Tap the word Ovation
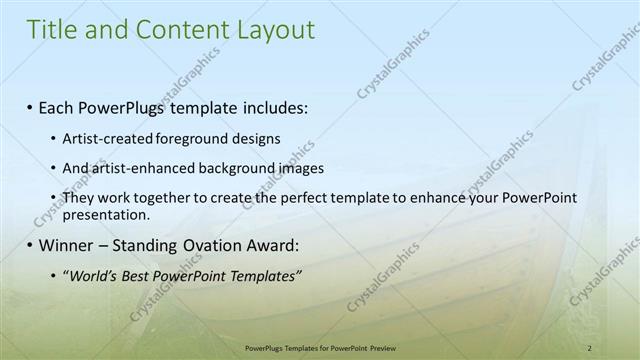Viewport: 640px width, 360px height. tap(208, 245)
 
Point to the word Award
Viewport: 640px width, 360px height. tap(274, 245)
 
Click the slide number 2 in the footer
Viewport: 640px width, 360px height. tap(590, 348)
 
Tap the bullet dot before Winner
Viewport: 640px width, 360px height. tap(30, 245)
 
